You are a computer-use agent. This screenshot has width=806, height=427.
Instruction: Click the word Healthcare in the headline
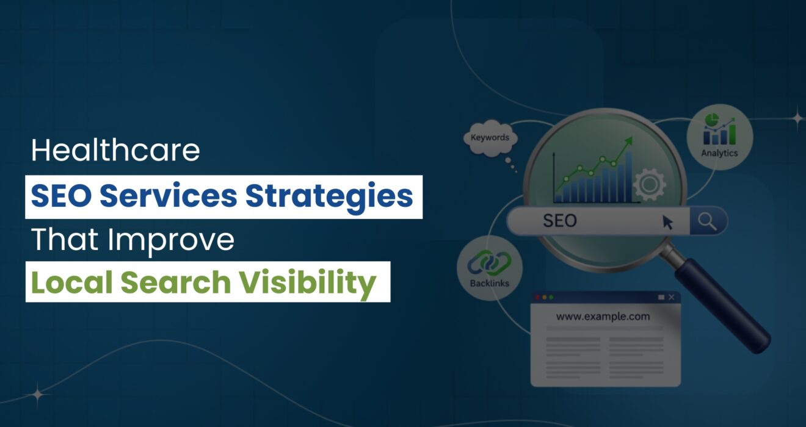[x=115, y=150]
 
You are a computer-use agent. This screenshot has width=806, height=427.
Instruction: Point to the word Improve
[x=171, y=240]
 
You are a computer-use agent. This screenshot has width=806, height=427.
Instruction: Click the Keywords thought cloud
[x=490, y=138]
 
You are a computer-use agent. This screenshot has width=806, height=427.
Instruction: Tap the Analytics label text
[x=719, y=153]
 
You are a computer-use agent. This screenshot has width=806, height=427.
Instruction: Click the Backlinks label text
[x=489, y=283]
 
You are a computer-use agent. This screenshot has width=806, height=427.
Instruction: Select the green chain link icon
[x=489, y=262]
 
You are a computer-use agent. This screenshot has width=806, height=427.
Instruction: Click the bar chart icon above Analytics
[x=719, y=129]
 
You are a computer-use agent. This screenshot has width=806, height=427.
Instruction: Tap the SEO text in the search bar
[x=559, y=220]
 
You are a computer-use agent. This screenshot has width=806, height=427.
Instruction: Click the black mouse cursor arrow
[x=667, y=223]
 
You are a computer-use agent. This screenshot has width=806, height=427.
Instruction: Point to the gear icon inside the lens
[x=649, y=184]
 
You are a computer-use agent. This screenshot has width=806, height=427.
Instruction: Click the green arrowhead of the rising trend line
[x=628, y=141]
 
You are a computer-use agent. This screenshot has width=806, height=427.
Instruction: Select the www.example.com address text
[x=603, y=317]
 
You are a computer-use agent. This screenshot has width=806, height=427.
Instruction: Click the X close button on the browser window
[x=672, y=297]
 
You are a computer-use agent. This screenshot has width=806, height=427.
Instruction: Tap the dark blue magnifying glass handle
[x=722, y=305]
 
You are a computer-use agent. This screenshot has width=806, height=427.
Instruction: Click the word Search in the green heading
[x=176, y=282]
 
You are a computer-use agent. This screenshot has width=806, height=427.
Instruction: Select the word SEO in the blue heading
[x=61, y=196]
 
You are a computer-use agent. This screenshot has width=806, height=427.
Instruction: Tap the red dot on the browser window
[x=537, y=297]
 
